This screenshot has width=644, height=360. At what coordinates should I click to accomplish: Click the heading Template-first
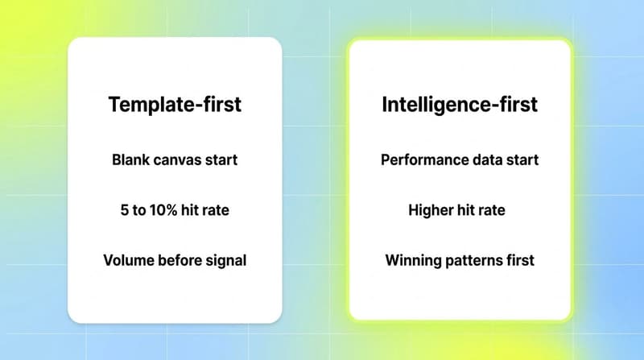click(x=175, y=104)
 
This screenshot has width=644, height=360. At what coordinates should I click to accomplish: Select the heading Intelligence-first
click(x=460, y=104)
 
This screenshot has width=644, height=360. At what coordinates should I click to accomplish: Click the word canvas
click(x=176, y=159)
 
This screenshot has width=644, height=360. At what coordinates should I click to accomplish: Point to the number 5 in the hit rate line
click(x=123, y=210)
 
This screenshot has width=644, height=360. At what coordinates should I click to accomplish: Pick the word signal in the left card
click(x=225, y=261)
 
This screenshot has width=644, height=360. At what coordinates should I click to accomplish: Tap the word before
click(x=178, y=261)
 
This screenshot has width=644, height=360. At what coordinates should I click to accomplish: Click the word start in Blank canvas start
click(x=220, y=159)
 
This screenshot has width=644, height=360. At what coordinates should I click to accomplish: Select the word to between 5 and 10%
click(x=140, y=210)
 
